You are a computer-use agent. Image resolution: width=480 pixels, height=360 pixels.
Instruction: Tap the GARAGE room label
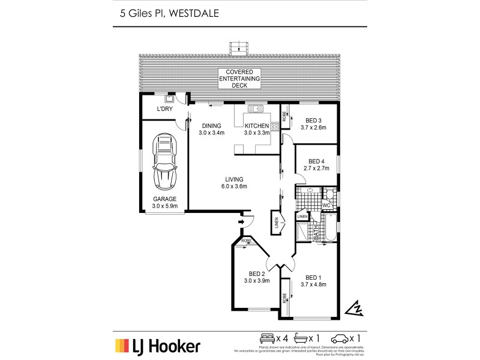tap(164, 202)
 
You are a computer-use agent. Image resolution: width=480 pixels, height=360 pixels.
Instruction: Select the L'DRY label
tap(164, 110)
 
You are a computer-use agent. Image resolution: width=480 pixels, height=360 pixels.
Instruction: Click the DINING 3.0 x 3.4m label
tap(212, 130)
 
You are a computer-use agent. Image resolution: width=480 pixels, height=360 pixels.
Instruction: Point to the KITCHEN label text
tap(257, 126)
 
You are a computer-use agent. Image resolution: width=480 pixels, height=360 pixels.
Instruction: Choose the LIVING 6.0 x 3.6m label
tap(233, 183)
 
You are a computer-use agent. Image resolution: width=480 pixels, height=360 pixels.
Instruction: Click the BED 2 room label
tap(256, 277)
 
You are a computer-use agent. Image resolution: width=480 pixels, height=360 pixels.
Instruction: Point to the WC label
tap(327, 206)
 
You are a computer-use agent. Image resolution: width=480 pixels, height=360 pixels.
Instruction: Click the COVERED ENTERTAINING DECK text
tap(239, 79)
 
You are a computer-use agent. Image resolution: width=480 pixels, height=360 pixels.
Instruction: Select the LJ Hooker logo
tap(158, 346)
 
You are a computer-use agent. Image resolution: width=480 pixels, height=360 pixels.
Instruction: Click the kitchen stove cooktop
tap(274, 127)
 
